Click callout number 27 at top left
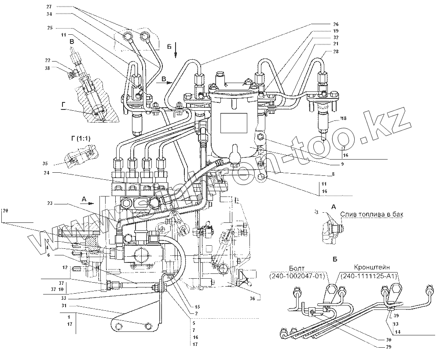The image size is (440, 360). [x=49, y=7]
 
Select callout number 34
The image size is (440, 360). [x=49, y=14]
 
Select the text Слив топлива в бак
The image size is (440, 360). [x=371, y=215]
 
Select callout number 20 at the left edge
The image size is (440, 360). [x=5, y=211]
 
